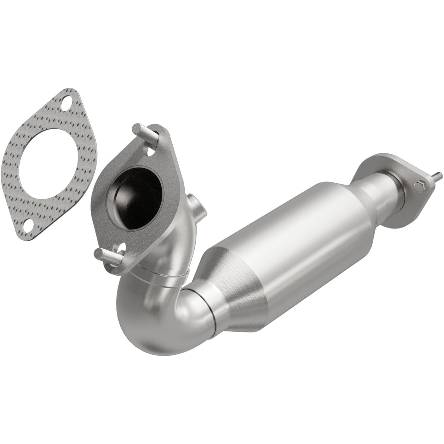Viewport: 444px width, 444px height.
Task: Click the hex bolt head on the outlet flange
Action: [x=420, y=186]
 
